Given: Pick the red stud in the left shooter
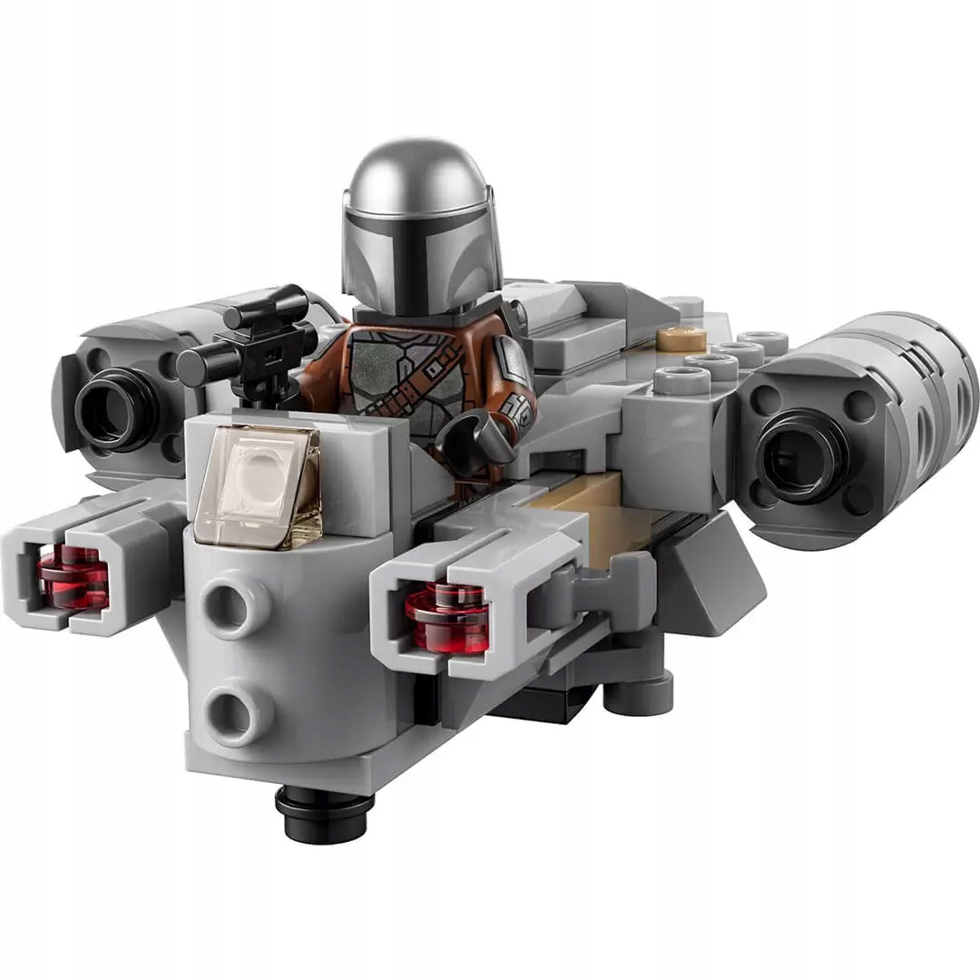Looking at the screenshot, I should (73, 576).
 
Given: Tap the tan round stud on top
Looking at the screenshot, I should (681, 338).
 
